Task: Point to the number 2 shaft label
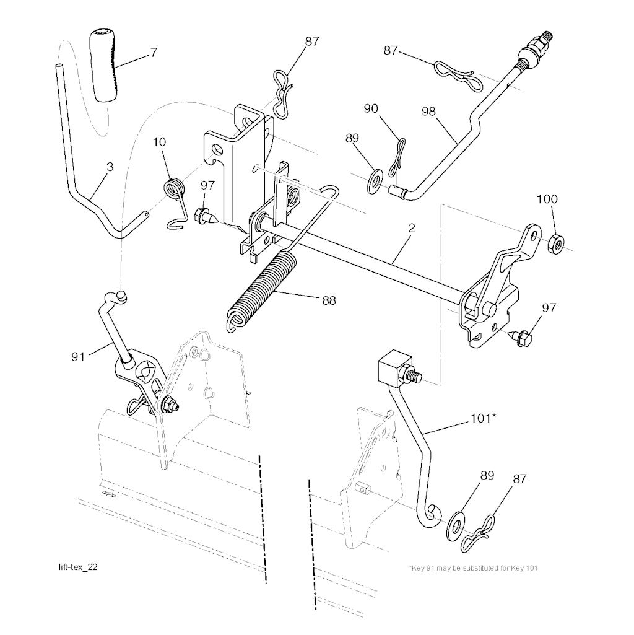tap(411, 227)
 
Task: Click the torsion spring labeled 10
tap(175, 189)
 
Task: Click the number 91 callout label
tap(78, 356)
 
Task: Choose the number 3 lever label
tap(110, 167)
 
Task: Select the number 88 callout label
tap(329, 300)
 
